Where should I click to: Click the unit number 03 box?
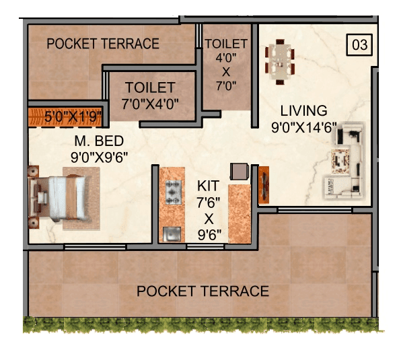360,45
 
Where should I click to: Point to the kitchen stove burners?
172,194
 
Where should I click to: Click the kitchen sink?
171,233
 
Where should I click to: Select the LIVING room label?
304,110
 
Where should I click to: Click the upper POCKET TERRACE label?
103,44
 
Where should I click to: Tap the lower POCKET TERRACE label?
203,291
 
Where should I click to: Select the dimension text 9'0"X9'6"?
100,157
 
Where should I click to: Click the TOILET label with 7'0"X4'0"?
149,88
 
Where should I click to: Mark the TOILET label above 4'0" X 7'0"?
226,44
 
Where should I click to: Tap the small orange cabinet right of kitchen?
264,184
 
